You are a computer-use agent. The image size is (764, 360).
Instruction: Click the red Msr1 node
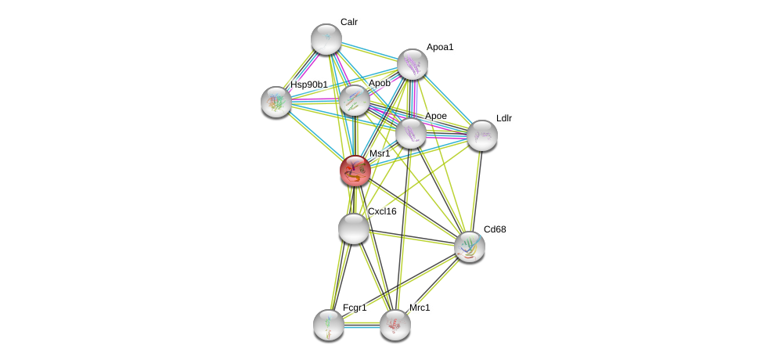point(355,171)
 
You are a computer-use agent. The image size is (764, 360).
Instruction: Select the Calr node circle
point(326,39)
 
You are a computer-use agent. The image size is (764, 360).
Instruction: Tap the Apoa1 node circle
point(413,64)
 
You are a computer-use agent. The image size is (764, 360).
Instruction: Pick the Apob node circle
point(355,100)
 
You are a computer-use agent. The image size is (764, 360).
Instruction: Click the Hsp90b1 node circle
point(276,102)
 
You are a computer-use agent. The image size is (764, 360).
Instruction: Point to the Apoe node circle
point(411,133)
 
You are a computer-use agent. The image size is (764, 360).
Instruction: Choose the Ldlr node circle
point(482,135)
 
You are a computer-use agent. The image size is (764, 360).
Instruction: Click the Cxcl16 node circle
point(354,229)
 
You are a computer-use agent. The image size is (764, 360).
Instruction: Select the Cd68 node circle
point(470,247)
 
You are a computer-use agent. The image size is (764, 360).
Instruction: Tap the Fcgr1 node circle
point(329,325)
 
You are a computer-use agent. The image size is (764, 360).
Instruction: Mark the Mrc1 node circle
point(395,325)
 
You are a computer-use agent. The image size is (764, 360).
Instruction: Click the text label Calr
point(349,22)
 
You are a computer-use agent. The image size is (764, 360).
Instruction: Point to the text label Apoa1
point(440,47)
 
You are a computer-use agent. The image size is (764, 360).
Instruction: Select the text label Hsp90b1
point(309,85)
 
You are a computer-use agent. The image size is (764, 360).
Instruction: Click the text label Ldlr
point(504,118)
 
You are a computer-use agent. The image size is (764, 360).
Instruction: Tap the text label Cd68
point(495,229)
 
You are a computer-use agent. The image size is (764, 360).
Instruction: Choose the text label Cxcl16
point(382,211)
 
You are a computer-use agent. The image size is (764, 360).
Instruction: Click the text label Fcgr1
point(355,308)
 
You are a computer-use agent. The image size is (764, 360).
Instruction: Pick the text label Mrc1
point(420,308)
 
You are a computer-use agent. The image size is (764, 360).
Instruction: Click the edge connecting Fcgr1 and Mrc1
point(362,325)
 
